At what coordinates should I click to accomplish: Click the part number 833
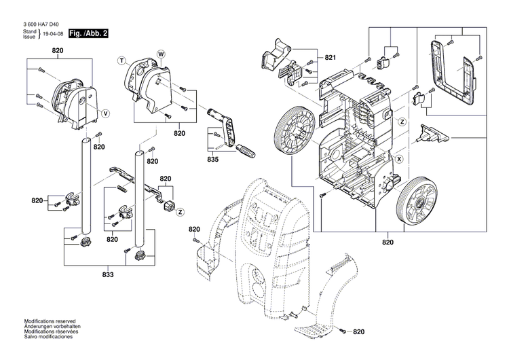108,274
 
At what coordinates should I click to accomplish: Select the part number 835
213,160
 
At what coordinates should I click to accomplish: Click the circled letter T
123,60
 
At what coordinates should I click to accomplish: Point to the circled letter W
162,53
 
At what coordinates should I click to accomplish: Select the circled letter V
105,111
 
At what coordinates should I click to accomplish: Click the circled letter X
399,160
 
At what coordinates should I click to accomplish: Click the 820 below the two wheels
388,242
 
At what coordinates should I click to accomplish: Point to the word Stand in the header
30,33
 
